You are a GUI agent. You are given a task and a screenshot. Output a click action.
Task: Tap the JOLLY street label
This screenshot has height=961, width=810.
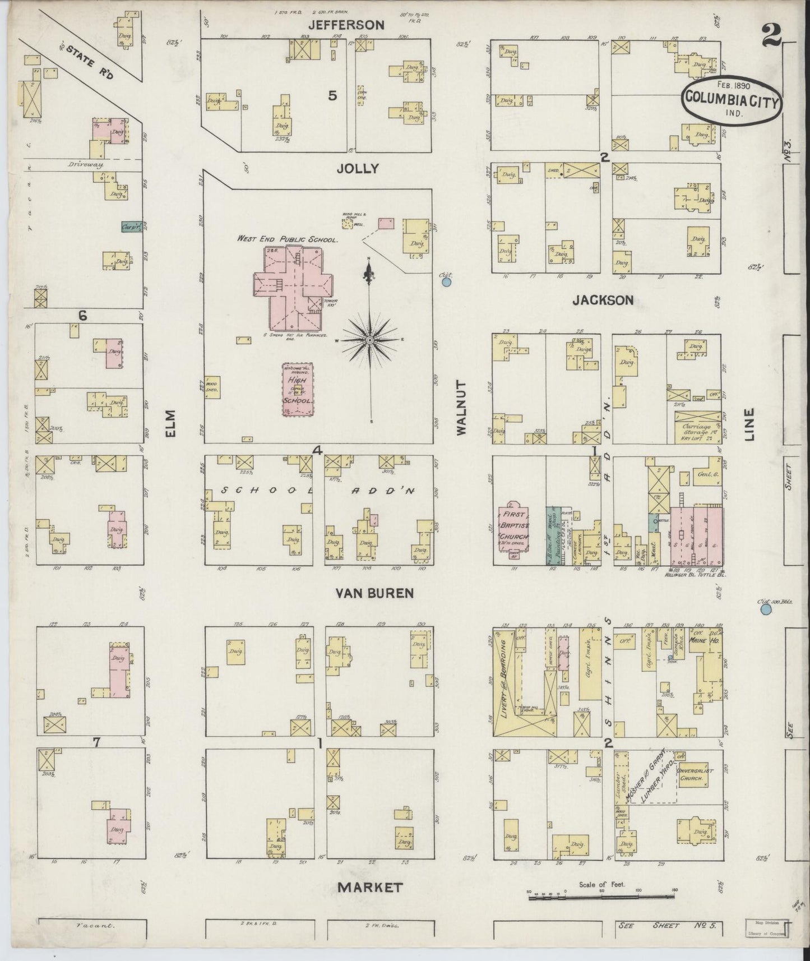(x=358, y=168)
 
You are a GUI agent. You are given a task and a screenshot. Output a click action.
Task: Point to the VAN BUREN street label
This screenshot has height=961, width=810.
(x=375, y=593)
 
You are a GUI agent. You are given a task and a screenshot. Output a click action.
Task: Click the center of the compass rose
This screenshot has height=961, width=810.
(x=369, y=340)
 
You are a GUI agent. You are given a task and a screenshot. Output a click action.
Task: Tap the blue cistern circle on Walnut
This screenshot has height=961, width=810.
(x=446, y=282)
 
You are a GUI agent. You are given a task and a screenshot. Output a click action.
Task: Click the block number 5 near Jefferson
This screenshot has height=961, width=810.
(x=332, y=96)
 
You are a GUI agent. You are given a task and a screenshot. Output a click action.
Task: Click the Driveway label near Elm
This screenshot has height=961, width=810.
(x=84, y=165)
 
